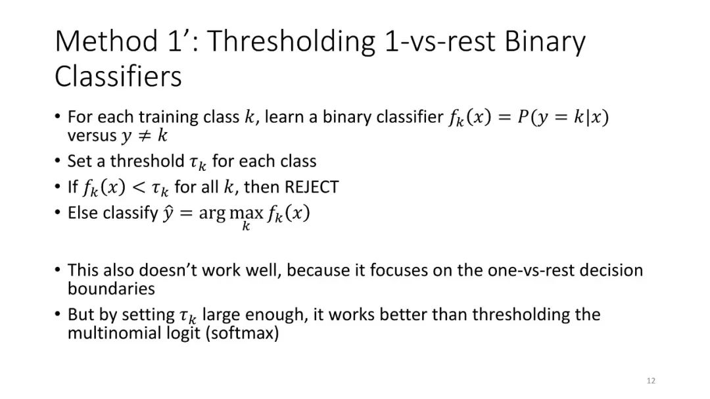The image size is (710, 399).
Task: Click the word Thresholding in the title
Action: tap(291, 42)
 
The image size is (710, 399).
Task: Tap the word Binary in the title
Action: tap(545, 42)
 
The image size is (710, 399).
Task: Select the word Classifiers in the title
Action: tap(118, 76)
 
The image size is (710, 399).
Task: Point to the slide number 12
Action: tap(651, 381)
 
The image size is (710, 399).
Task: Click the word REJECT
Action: tap(312, 187)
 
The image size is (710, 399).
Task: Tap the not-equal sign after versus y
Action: tap(144, 135)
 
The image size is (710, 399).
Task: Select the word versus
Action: tap(92, 135)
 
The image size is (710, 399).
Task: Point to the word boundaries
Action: tap(111, 289)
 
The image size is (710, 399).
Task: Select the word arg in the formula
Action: tap(212, 214)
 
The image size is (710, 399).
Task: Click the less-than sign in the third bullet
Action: tap(139, 187)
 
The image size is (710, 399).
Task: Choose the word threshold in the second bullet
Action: tap(147, 161)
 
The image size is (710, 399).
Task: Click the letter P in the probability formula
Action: tap(523, 117)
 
